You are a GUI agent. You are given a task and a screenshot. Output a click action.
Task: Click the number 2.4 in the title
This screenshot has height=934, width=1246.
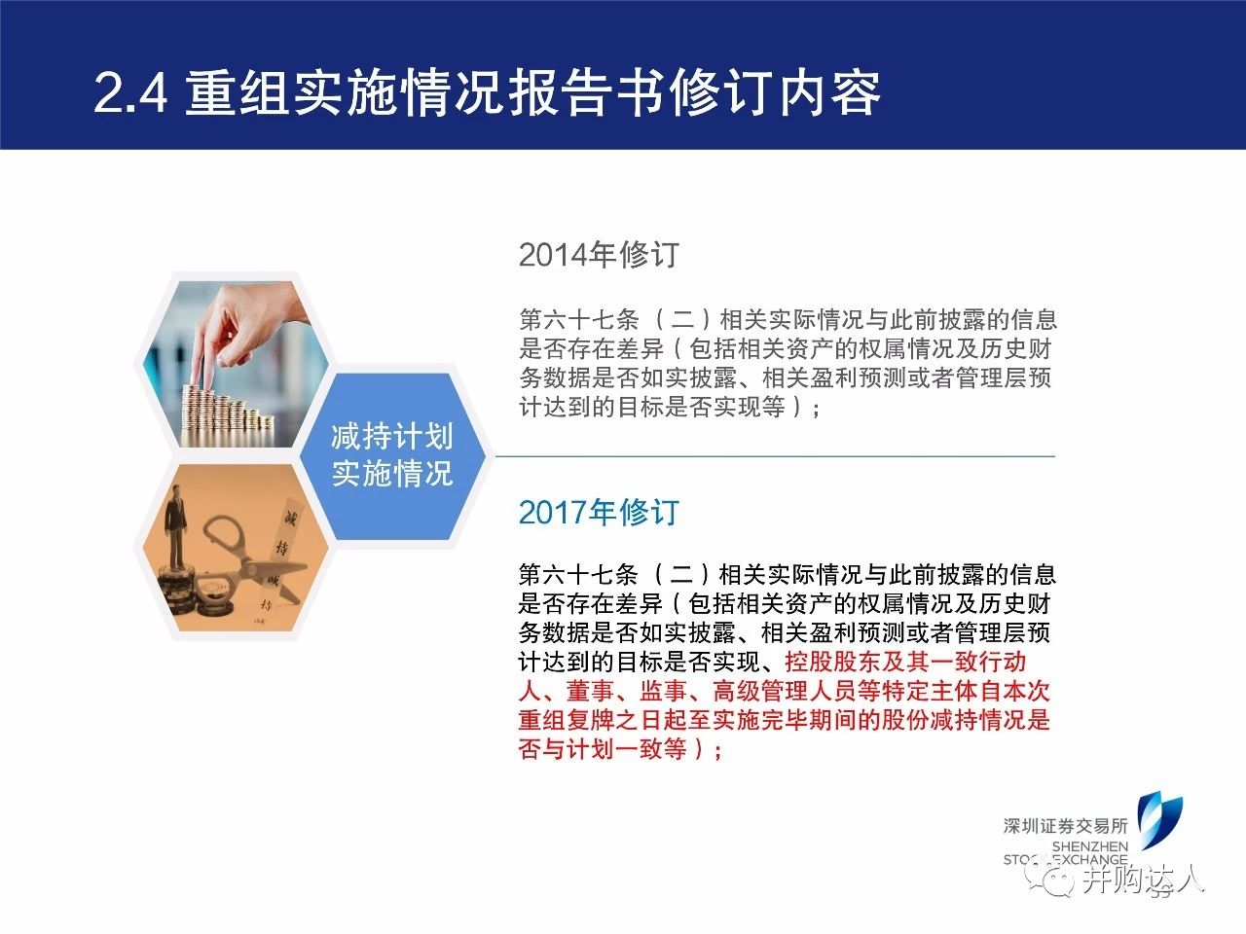point(130,93)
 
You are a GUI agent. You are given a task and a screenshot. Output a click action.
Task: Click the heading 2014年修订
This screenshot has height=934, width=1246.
point(599,255)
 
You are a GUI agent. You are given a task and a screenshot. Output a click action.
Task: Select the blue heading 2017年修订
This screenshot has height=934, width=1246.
point(599,512)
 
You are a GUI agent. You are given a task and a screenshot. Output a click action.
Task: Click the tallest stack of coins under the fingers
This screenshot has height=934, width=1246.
point(192,415)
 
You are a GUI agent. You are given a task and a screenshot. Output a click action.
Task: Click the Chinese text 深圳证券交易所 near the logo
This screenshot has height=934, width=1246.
point(1065,826)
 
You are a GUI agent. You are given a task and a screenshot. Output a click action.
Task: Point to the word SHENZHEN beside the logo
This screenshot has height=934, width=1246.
point(1089,846)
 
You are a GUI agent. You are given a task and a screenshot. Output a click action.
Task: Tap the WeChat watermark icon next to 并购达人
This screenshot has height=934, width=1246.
point(1050,880)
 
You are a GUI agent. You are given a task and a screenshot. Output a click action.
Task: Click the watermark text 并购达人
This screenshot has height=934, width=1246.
point(1142,880)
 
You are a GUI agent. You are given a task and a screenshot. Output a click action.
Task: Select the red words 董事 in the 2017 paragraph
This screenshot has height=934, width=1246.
point(590,692)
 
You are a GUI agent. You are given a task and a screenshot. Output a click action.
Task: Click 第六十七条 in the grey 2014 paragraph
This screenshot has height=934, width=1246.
point(578,320)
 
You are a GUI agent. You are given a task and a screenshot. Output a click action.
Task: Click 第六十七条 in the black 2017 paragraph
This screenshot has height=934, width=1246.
point(578,574)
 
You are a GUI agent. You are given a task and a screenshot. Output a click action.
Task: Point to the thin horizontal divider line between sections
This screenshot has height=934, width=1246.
point(775,456)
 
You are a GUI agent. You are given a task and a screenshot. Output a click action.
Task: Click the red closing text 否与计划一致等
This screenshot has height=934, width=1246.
point(603,749)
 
